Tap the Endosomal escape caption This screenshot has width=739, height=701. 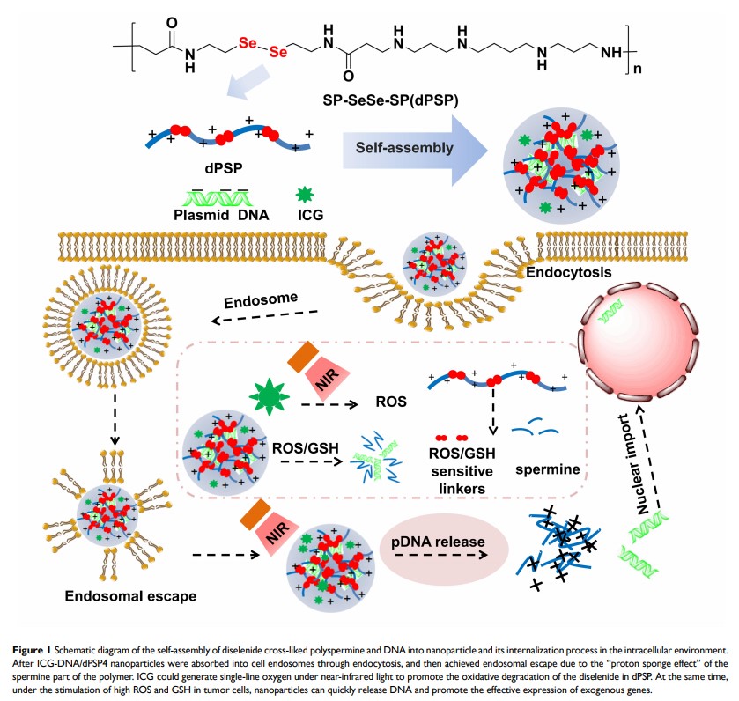(120, 596)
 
